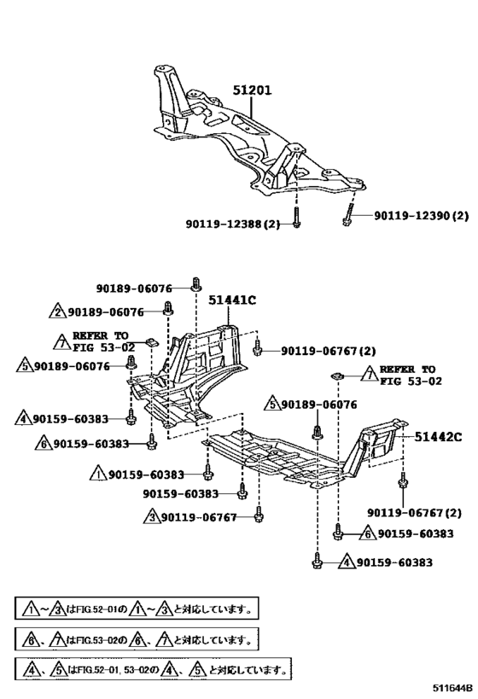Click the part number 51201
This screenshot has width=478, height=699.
(253, 90)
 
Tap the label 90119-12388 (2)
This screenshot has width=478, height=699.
(233, 224)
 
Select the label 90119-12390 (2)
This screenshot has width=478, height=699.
(422, 216)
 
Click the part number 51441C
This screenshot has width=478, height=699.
(232, 300)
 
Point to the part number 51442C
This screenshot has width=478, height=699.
(439, 436)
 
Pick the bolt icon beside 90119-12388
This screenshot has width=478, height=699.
(296, 218)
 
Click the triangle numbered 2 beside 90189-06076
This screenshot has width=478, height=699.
(57, 312)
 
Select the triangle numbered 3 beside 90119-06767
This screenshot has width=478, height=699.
(152, 516)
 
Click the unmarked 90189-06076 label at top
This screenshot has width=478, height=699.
(134, 288)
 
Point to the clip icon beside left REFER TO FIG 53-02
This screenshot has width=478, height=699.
(152, 343)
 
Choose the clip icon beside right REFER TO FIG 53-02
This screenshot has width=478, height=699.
(337, 376)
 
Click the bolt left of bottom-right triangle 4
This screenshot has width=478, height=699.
(317, 562)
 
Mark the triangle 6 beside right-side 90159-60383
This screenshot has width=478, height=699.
(368, 533)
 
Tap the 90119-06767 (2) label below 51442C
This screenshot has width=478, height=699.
(414, 513)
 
